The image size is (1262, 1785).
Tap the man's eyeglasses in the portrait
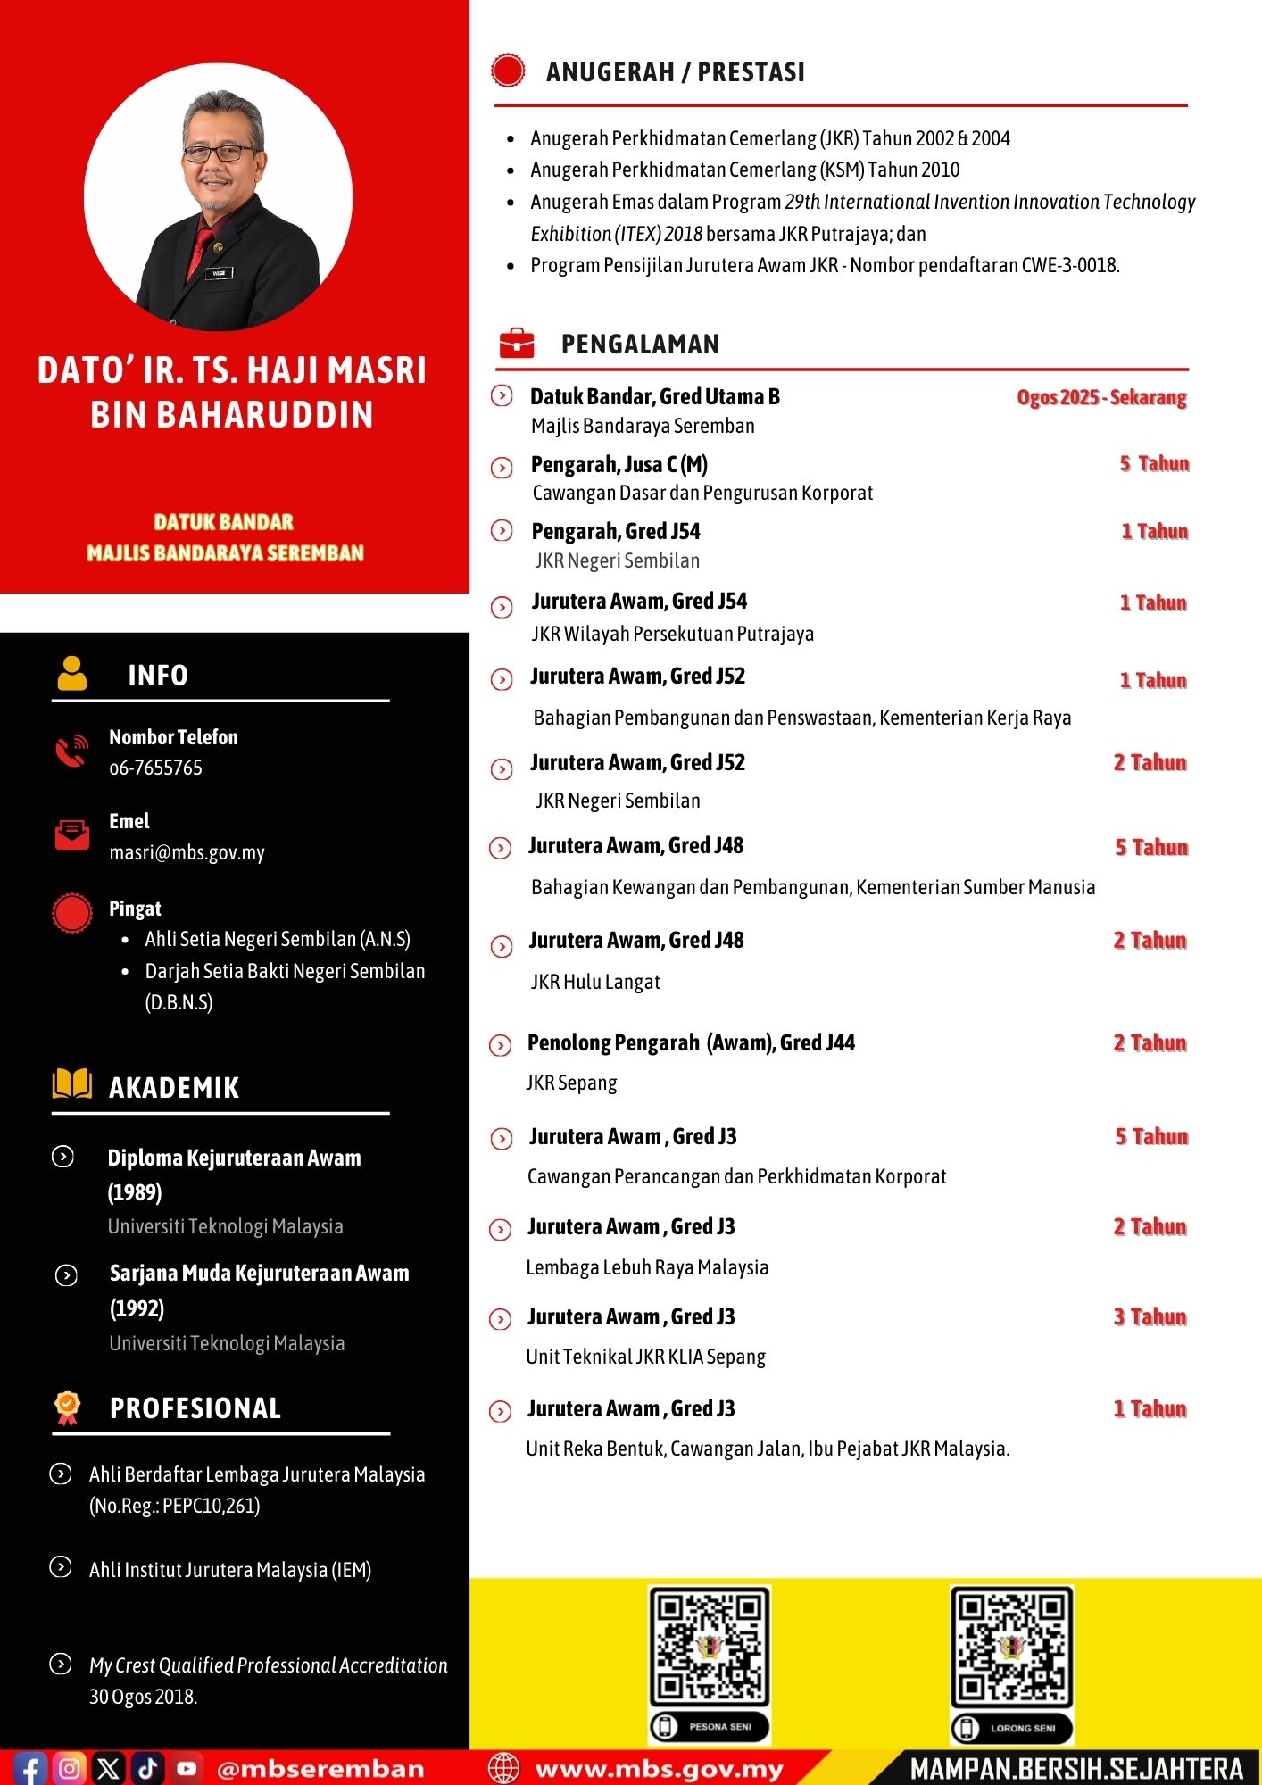pos(219,154)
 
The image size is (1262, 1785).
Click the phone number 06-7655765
pos(155,768)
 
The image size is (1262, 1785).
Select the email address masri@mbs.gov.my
pos(187,852)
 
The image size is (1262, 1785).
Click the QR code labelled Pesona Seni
pos(710,1647)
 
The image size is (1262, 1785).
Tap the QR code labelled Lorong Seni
pos(1011,1647)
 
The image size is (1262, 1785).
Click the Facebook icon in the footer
pos(30,1768)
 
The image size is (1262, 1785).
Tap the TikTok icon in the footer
pos(147,1768)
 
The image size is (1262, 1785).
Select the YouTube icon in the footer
pos(187,1768)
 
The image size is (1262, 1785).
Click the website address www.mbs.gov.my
pos(659,1769)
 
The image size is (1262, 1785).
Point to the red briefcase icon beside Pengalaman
pos(517,343)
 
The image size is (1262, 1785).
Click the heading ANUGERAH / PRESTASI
pos(675,72)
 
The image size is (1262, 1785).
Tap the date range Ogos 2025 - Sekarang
pos(1101,397)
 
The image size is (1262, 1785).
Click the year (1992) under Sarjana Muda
pos(137,1308)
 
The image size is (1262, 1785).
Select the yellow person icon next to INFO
pos(72,674)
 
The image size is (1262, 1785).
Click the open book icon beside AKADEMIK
pos(72,1084)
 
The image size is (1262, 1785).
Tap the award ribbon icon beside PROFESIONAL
pos(67,1407)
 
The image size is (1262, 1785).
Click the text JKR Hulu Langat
pos(595,982)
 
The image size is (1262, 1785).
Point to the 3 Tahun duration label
pos(1150,1317)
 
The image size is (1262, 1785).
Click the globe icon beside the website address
pos(503,1768)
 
